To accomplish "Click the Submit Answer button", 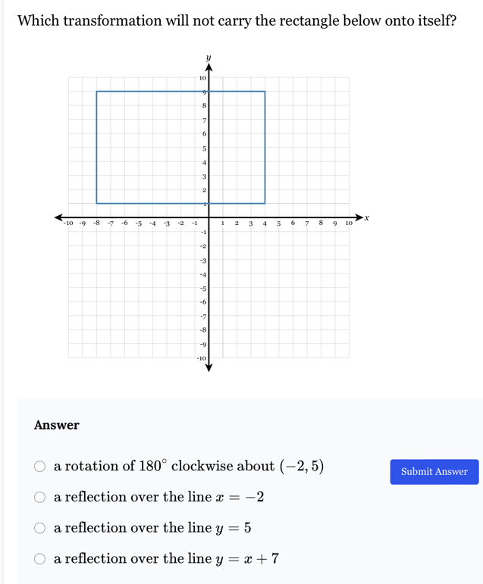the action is point(434,472).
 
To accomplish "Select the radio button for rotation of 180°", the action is point(39,467).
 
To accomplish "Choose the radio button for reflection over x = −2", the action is point(39,498).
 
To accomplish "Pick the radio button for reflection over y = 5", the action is point(39,528).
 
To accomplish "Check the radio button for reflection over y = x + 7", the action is point(39,559).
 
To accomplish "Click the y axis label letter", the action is point(209,57).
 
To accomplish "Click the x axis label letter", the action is point(366,217).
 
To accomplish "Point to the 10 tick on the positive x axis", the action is point(349,223).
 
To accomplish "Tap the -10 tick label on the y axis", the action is point(202,358).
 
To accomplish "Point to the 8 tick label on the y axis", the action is point(203,106).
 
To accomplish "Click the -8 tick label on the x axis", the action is point(96,223).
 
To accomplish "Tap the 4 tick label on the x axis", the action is point(265,223).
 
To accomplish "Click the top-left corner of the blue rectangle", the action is point(96,92).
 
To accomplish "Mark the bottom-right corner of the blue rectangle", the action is point(265,203).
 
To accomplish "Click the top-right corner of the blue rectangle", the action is point(265,92).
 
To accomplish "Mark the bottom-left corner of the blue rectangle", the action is point(96,203).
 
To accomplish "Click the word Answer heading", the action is point(57,426).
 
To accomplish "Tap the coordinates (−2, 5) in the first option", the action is point(301,467).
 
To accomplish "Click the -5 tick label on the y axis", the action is point(202,288).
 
